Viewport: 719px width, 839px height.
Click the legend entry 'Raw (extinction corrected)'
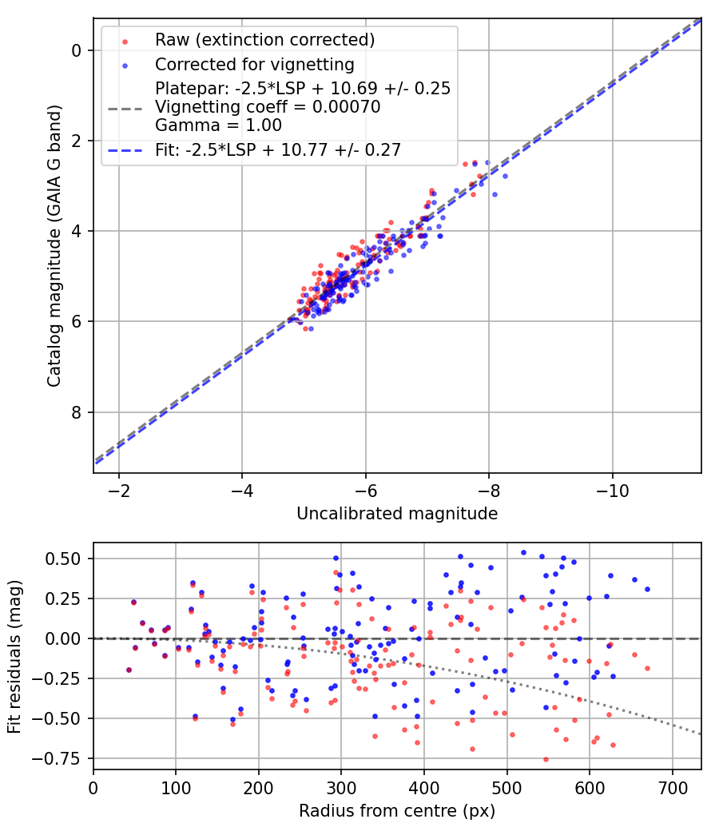click(x=264, y=40)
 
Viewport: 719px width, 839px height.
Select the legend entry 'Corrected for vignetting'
click(x=255, y=63)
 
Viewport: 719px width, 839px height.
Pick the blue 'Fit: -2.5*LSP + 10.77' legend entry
click(x=278, y=149)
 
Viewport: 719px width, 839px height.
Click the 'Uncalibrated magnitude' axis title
click(x=397, y=514)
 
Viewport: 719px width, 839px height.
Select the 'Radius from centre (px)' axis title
click(x=397, y=811)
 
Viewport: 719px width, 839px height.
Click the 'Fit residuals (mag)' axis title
click(x=14, y=655)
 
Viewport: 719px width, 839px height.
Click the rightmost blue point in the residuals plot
click(x=647, y=589)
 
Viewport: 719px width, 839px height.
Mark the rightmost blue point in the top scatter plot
click(x=505, y=176)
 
